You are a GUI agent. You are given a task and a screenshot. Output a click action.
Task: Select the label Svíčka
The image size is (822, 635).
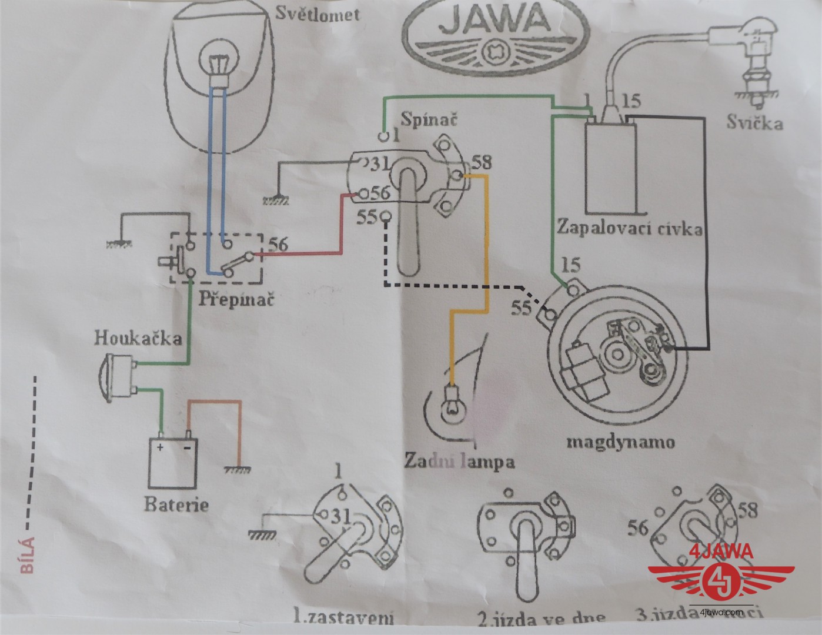(x=754, y=123)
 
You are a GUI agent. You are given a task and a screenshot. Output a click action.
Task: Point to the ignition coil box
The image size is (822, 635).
(x=611, y=168)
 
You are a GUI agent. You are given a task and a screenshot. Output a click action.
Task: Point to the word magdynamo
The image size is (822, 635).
(x=620, y=441)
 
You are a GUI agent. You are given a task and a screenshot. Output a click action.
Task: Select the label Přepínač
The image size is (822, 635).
(x=228, y=300)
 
